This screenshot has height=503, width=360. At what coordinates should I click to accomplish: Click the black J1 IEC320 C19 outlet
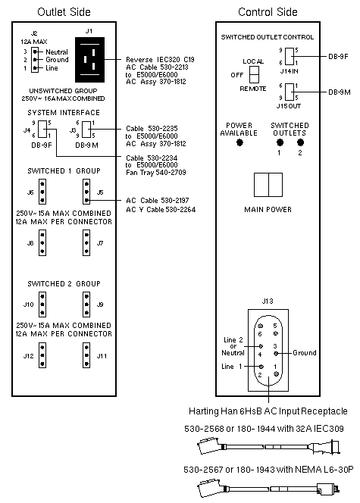[x=89, y=60]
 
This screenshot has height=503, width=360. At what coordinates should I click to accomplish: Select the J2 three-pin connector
[x=35, y=60]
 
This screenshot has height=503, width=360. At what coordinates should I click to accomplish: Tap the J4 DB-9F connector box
[x=42, y=129]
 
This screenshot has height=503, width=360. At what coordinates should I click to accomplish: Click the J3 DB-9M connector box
[x=86, y=129]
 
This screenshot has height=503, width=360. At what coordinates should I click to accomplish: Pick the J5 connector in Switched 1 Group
[x=86, y=192]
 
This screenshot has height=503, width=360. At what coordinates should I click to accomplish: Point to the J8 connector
[x=42, y=243]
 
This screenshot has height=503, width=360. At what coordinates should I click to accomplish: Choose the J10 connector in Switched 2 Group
[x=42, y=305]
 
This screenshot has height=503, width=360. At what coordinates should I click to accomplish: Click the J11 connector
[x=86, y=355]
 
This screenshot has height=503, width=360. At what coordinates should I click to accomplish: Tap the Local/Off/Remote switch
[x=255, y=74]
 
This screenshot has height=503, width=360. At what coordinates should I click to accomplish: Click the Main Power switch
[x=268, y=185]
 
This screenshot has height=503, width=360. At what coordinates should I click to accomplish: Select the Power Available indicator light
[x=239, y=142]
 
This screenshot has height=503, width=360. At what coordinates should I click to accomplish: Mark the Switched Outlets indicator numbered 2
[x=300, y=142]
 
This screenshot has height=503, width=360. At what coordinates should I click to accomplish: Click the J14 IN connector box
[x=289, y=57]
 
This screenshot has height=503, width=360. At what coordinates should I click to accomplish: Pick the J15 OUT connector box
[x=289, y=92]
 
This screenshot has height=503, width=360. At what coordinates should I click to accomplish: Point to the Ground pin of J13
[x=276, y=354]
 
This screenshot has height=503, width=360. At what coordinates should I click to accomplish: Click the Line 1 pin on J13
[x=261, y=367]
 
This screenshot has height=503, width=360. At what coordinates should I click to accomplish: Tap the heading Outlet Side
[x=64, y=12]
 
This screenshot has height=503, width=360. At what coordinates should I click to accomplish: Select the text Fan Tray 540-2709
[x=156, y=173]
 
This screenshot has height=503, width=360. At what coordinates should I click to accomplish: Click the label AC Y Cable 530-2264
[x=161, y=210]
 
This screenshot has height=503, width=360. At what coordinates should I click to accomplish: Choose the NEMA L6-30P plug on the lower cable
[x=327, y=489]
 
